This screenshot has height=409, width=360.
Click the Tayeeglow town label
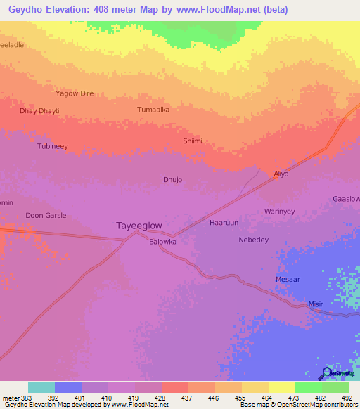[139, 226]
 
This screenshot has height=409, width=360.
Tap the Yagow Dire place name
[75, 93]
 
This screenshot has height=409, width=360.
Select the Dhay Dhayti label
[39, 111]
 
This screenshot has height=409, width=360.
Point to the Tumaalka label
[153, 110]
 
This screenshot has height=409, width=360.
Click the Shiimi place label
[193, 141]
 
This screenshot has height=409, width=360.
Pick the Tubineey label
[52, 146]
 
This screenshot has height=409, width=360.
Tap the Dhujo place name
[172, 180]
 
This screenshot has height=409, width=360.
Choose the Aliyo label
[281, 173]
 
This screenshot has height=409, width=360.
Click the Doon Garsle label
[46, 215]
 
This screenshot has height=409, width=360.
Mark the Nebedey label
[254, 240]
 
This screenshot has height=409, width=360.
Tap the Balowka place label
[162, 241]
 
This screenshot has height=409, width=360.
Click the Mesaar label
[288, 279]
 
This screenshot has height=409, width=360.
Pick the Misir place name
[316, 304]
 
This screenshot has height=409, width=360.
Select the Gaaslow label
[345, 199]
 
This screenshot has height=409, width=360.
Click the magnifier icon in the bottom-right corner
[326, 372]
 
